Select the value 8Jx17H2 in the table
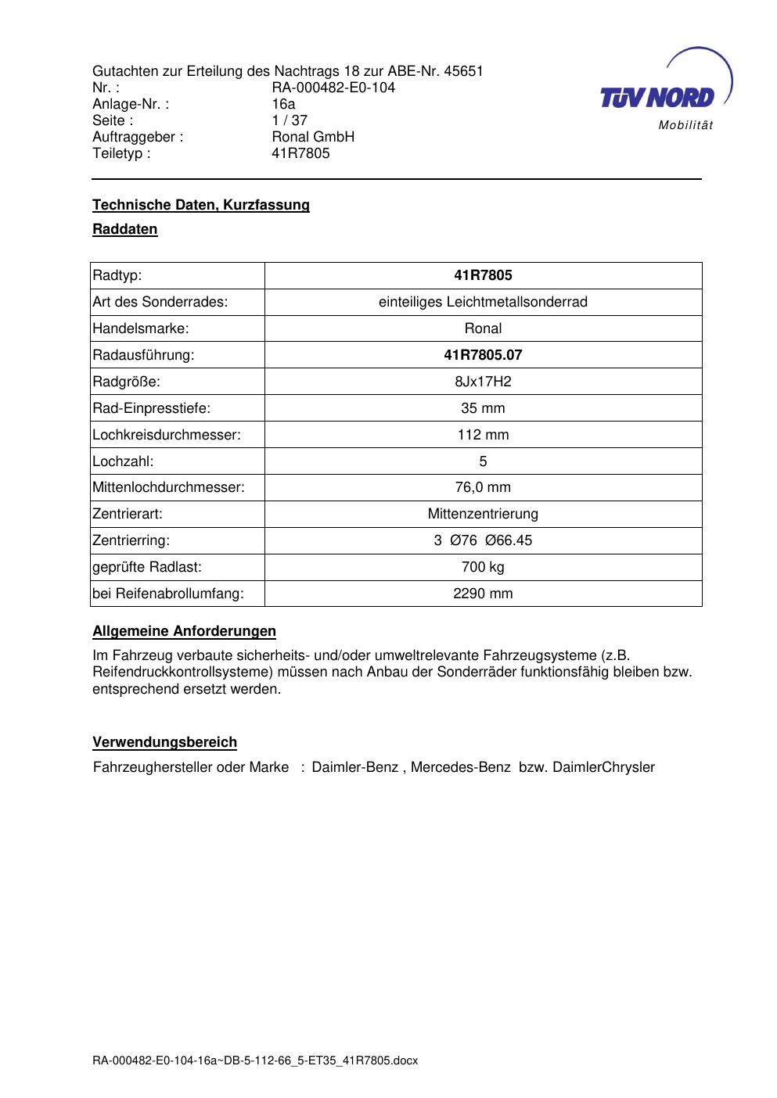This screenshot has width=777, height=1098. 483,382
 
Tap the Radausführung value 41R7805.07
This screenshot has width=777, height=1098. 483,355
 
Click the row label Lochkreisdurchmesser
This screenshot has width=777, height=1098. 166,435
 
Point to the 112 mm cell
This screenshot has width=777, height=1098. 483,435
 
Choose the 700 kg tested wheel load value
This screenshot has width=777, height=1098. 483,567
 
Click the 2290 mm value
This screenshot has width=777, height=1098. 483,594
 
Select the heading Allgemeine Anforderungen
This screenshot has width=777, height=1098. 184,631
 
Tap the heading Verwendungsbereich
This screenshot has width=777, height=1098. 164,742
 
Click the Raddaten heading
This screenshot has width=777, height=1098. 124,229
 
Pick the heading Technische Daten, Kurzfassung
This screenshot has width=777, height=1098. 200,205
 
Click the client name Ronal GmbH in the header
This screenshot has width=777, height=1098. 313,137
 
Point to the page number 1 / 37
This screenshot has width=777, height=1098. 290,120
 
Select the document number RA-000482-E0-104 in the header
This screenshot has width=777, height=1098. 333,88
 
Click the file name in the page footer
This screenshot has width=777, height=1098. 255,1061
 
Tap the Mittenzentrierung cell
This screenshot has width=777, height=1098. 483,514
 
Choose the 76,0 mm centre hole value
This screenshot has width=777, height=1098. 483,487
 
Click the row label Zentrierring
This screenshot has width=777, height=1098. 131,540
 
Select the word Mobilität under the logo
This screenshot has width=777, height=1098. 685,126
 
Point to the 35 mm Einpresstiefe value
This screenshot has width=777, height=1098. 483,408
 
